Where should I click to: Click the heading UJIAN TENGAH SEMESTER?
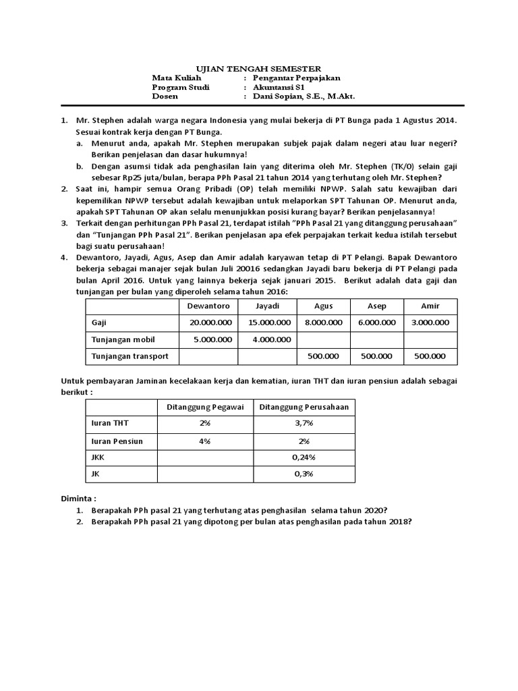(x=258, y=69)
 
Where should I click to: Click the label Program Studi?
(x=181, y=88)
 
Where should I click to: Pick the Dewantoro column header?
(x=208, y=305)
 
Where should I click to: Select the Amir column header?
(x=430, y=305)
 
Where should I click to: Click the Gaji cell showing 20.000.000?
(x=208, y=323)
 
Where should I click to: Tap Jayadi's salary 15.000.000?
(x=269, y=323)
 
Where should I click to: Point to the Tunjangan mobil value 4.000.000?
(x=269, y=339)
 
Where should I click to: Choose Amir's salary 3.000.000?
(x=430, y=323)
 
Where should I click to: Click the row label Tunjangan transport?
(x=129, y=356)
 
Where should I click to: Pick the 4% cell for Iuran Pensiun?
(x=204, y=440)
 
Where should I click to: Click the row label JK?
(x=95, y=474)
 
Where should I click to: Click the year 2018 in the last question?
(x=396, y=522)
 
